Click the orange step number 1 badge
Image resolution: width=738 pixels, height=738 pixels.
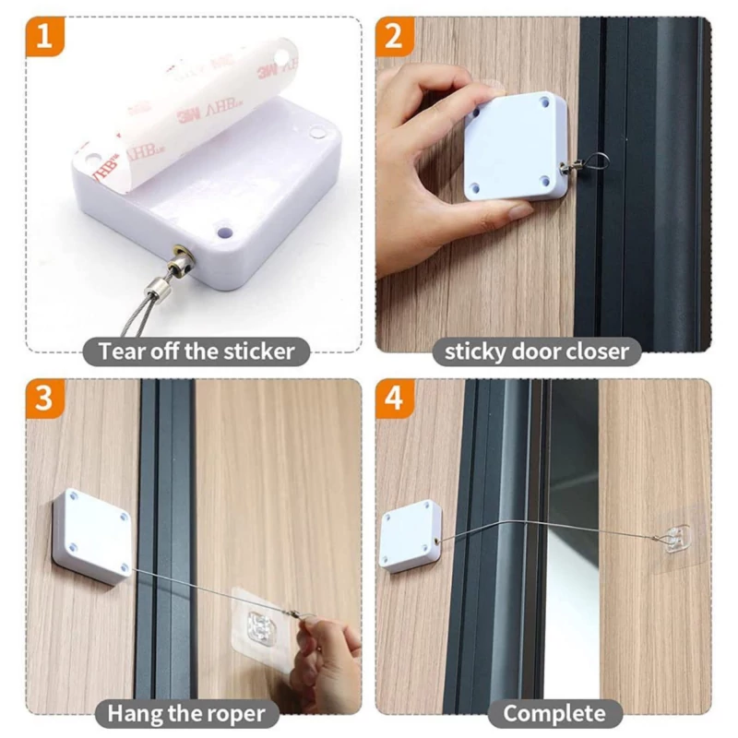(x=44, y=36)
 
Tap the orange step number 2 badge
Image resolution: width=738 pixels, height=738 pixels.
(x=395, y=36)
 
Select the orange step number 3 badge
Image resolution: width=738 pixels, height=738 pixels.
(x=44, y=399)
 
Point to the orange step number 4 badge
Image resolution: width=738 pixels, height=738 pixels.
(x=395, y=399)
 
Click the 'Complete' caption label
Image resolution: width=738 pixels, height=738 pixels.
(x=554, y=713)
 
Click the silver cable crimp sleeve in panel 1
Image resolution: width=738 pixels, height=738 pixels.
(x=156, y=288)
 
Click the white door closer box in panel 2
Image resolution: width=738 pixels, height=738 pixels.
(x=516, y=147)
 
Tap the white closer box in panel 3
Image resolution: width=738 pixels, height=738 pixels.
(x=92, y=536)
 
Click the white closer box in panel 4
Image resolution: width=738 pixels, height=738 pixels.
(x=411, y=536)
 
